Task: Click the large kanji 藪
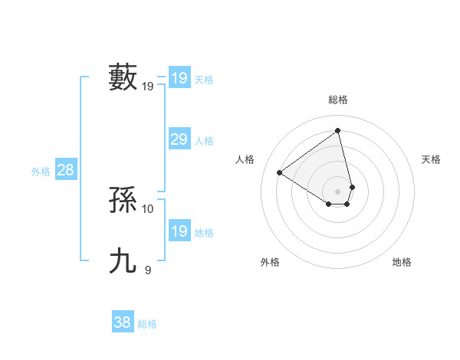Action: point(123,77)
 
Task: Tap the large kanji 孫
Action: point(123,200)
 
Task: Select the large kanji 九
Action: point(123,261)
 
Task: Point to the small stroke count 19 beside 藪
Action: point(148,87)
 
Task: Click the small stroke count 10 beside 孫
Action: point(148,209)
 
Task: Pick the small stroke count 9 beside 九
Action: point(148,270)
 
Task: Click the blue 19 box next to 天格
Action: point(179,78)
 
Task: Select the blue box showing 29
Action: point(179,139)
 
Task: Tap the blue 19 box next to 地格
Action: point(179,231)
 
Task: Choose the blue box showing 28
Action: point(65,170)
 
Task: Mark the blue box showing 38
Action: point(123,322)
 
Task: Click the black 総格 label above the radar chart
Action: point(338,100)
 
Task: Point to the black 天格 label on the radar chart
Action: point(431,159)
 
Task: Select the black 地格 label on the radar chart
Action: point(402,262)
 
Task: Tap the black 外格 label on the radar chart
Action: point(270,262)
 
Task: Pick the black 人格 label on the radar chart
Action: point(245,159)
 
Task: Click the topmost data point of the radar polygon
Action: point(338,130)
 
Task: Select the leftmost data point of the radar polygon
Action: point(280,172)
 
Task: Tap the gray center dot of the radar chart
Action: point(338,191)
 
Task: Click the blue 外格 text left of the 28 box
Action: point(41,172)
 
